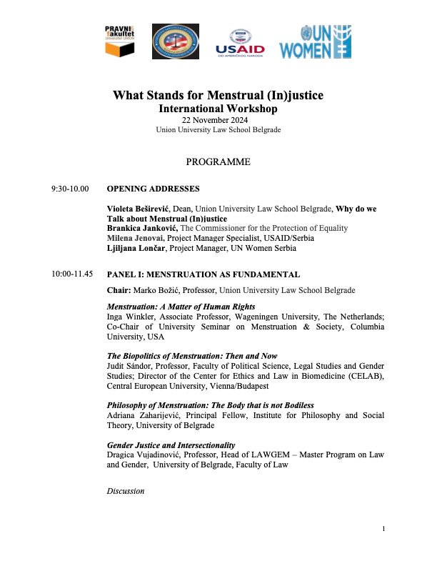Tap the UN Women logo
(315, 41)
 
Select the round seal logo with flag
(176, 41)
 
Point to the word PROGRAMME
(218, 162)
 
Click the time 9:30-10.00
(70, 189)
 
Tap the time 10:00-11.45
(72, 274)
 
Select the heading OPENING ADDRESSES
(153, 189)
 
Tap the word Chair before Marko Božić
(119, 290)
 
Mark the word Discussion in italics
(125, 491)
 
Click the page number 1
(383, 529)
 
